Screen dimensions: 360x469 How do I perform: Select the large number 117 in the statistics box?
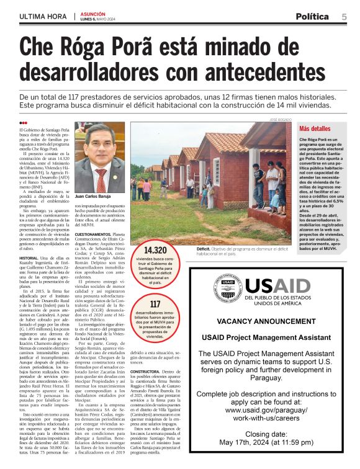[155, 304]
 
